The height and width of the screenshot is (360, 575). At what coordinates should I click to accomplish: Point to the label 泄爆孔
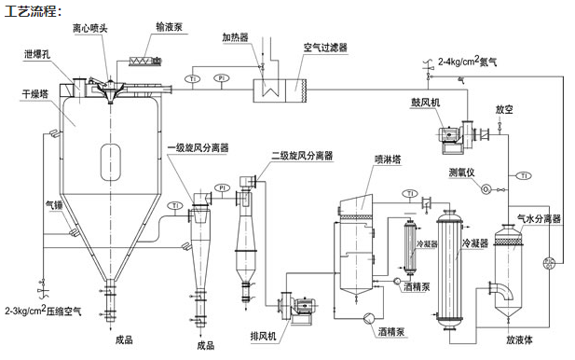click(39, 54)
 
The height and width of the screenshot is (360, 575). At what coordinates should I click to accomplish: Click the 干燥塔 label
click(34, 94)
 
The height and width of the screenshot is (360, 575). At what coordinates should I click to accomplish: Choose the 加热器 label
click(235, 39)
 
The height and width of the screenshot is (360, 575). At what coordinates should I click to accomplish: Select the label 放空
click(504, 109)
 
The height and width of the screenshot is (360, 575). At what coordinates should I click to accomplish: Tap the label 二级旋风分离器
click(301, 156)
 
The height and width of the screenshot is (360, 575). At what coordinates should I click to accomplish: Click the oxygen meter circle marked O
click(486, 187)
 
